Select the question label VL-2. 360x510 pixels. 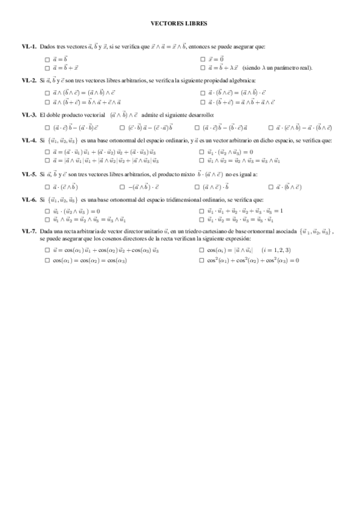coord(29,80)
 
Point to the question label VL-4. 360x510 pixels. coord(29,140)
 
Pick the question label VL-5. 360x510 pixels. coord(29,174)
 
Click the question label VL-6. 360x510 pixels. coord(29,199)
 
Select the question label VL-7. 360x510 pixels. coord(29,232)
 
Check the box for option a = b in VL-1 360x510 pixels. coord(47,60)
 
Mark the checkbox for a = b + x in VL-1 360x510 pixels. coord(47,68)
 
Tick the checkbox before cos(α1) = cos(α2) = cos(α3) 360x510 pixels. coord(47,260)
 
